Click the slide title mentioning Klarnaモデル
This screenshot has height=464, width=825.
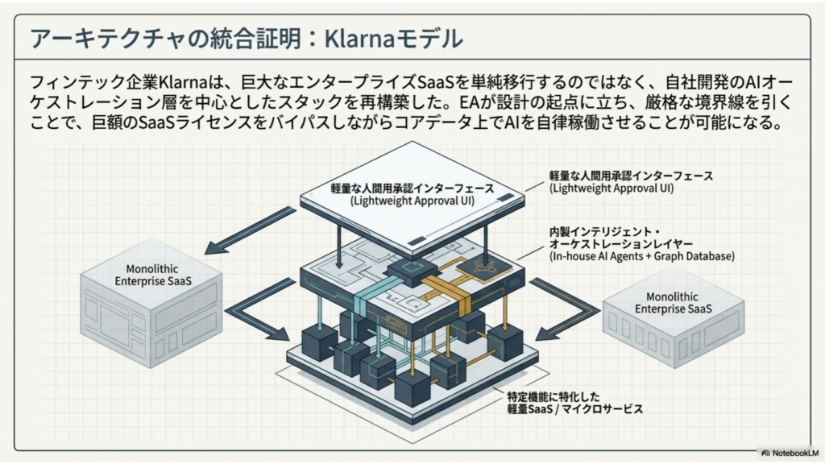[247, 38]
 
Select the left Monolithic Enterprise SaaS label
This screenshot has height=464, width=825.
[152, 275]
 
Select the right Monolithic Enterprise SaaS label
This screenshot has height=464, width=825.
[673, 303]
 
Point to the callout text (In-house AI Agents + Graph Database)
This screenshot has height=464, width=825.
[642, 256]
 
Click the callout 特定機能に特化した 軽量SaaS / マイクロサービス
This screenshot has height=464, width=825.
[574, 403]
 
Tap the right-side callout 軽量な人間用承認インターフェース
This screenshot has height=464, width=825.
[631, 176]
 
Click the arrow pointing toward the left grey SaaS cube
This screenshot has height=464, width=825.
[251, 230]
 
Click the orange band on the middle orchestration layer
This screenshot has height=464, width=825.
[446, 296]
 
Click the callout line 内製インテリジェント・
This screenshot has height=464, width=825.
[604, 231]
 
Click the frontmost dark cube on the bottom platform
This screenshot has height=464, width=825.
[412, 388]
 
